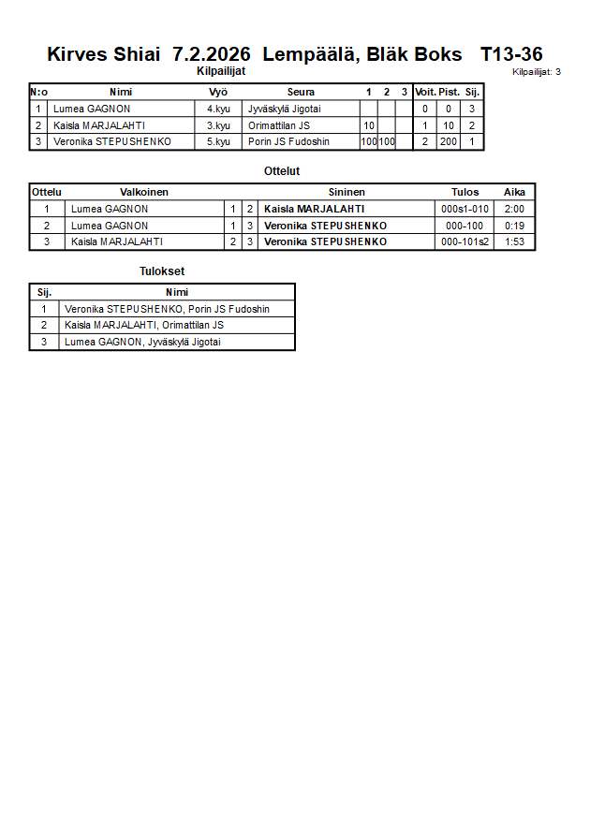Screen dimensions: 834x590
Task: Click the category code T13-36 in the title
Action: [x=511, y=54]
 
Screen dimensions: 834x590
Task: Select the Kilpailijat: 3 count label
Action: [x=537, y=71]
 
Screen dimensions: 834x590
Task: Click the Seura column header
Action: [x=301, y=92]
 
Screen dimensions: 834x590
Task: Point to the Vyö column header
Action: [x=218, y=92]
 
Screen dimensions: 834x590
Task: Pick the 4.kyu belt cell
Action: [x=218, y=109]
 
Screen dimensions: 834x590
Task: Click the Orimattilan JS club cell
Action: [x=279, y=125]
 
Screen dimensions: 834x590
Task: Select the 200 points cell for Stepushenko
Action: [x=449, y=142]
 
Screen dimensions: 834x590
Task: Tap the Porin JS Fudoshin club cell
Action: [x=288, y=142]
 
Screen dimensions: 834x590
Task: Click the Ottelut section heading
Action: [x=282, y=171]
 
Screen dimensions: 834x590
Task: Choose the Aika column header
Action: [x=514, y=192]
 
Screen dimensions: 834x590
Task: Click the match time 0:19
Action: [x=514, y=226]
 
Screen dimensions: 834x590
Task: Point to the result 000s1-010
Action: [x=465, y=209]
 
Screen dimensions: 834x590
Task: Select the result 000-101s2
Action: [x=465, y=242]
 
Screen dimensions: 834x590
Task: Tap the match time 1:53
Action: [x=514, y=242]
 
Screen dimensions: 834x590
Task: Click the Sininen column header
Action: [x=347, y=192]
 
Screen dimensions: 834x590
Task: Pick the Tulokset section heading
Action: [x=162, y=271]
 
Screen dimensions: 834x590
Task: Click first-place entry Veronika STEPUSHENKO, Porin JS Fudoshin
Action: [x=167, y=309]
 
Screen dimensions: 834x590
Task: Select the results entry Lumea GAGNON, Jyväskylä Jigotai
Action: [x=143, y=343]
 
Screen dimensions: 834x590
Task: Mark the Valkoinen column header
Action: [x=144, y=192]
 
